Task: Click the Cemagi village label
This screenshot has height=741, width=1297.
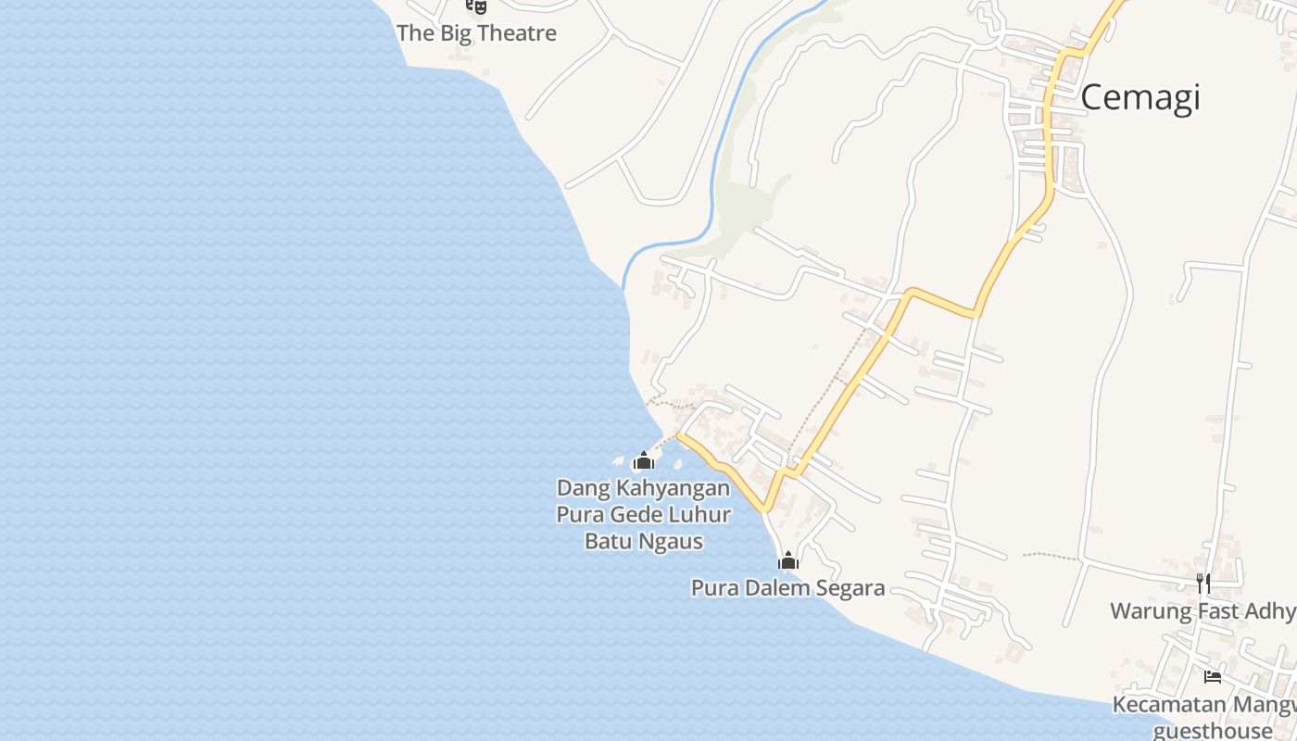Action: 1140,97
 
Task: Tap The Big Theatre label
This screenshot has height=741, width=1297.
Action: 476,33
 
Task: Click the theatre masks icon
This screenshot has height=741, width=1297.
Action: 476,6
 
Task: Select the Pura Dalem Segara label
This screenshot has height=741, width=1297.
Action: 787,588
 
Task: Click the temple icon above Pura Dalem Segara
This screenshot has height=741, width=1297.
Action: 788,560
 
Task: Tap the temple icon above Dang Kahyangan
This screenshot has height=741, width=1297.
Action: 643,459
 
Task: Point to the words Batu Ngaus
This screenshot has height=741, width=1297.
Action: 643,541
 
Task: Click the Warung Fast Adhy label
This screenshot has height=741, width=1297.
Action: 1203,611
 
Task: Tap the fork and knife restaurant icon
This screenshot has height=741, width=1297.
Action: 1203,583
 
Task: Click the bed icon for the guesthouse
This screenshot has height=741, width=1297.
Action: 1212,676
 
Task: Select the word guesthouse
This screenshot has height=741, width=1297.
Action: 1214,731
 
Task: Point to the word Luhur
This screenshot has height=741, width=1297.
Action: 701,515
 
